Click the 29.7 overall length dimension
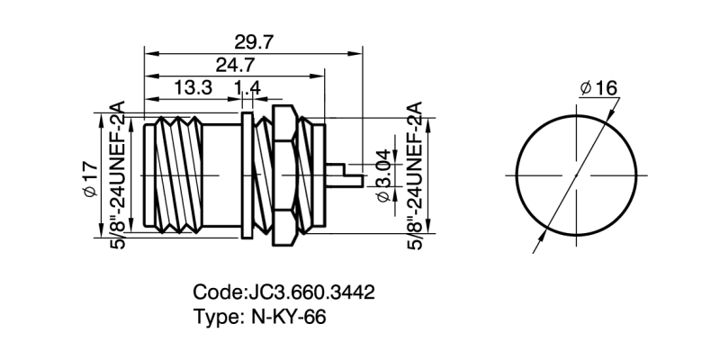[254, 41]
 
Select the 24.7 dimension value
[236, 65]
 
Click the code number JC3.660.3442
[310, 292]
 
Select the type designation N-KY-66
[285, 317]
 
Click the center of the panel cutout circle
[576, 173]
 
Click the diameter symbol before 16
[585, 87]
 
